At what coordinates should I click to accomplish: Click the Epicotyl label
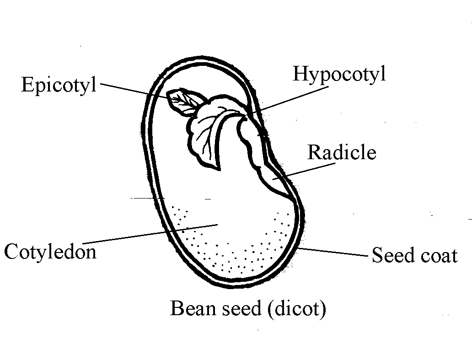(59, 85)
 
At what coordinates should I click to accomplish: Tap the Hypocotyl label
(339, 74)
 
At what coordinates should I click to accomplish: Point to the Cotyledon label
(50, 251)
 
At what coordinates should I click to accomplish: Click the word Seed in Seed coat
(393, 255)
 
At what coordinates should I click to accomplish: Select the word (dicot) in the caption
(297, 309)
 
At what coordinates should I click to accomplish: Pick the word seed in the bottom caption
(242, 308)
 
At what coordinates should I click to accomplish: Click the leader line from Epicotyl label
(136, 91)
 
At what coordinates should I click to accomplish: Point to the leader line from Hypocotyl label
(290, 100)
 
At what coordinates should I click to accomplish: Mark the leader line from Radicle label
(304, 171)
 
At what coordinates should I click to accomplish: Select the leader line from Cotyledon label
(150, 234)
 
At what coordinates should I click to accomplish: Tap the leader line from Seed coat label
(333, 252)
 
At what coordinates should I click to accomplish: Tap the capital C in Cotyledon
(11, 252)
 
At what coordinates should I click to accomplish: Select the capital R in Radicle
(315, 152)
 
